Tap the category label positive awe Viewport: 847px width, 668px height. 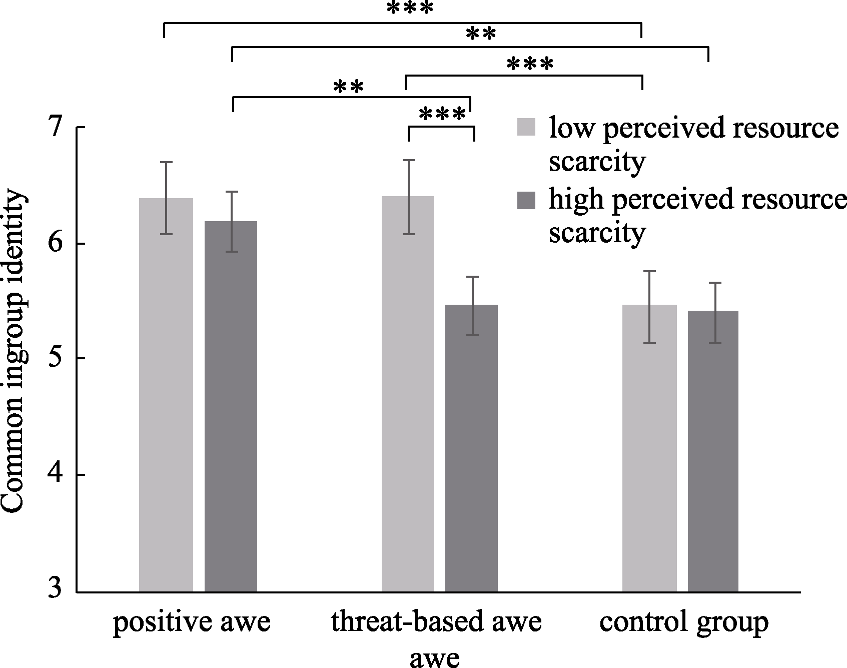coord(192,622)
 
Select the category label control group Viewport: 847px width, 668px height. coord(684,622)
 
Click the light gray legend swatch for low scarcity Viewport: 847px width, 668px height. coord(527,127)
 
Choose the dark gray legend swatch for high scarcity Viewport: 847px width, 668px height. coord(527,200)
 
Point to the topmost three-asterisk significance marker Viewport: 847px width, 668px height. coord(409,9)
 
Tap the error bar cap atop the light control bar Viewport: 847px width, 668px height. coord(649,271)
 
